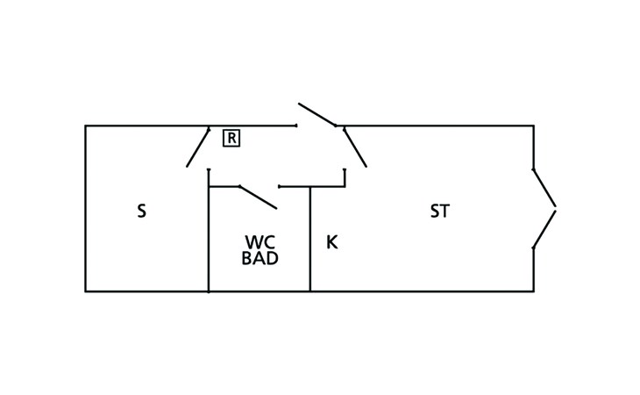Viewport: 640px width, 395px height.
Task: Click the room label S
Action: pos(141,212)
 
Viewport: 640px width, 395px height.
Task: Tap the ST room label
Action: pos(439,212)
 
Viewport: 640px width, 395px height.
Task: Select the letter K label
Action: pos(331,242)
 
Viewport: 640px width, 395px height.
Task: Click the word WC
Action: pos(260,242)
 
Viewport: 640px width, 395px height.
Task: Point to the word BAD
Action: pos(260,259)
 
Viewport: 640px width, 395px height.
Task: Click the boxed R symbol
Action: pos(231,138)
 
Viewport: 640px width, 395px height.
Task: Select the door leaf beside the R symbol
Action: pos(198,147)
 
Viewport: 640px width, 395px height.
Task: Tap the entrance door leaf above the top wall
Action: pos(317,115)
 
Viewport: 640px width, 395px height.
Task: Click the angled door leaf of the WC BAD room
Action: pos(258,197)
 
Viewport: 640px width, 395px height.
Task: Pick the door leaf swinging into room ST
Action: pos(354,146)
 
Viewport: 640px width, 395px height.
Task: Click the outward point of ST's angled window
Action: pos(555,209)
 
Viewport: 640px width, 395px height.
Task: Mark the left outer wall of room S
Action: pos(85,211)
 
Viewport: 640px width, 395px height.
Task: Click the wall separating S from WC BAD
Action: pos(209,237)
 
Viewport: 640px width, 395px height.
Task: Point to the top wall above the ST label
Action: pos(438,126)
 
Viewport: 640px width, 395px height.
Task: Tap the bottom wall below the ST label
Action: pos(438,291)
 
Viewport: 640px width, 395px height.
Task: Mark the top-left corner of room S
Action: pos(85,126)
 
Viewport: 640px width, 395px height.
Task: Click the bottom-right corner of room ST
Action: pos(533,291)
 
